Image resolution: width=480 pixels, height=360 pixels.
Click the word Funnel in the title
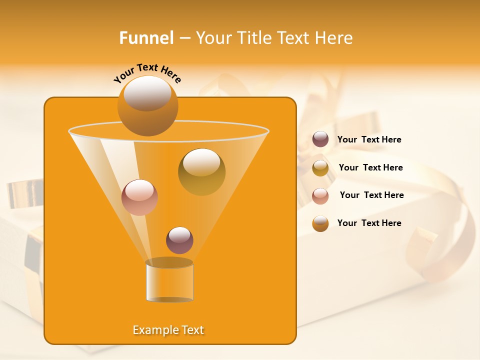point(146,38)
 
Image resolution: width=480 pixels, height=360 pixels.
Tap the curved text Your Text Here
point(147,73)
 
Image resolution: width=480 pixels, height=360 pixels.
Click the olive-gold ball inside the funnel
point(201,172)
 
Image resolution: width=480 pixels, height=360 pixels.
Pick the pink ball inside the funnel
point(139,197)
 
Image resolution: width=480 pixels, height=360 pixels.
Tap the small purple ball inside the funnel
point(179,240)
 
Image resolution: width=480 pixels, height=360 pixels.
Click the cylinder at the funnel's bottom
point(169,281)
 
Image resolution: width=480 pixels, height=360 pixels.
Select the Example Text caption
point(168,330)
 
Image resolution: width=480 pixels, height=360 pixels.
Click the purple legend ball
point(320,139)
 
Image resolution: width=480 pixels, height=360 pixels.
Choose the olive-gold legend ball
point(320,168)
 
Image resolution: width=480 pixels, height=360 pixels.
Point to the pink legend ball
point(320,196)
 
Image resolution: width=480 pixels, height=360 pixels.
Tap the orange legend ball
point(320,223)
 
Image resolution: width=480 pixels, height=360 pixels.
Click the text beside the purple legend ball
point(369,140)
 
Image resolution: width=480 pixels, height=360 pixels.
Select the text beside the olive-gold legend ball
point(370,168)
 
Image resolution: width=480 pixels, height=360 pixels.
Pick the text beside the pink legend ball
point(371,195)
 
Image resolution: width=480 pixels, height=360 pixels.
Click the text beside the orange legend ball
point(369,223)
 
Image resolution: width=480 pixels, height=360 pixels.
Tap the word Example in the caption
point(153,330)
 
